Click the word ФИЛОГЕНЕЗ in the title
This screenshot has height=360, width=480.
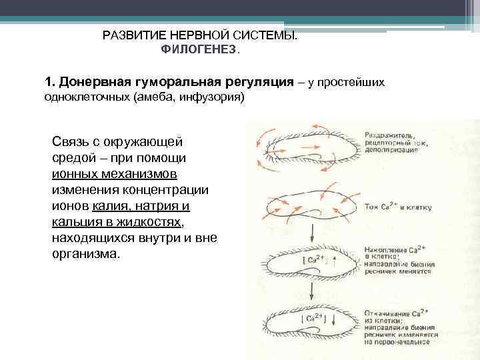point(198,50)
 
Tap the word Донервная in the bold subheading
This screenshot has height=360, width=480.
point(93,82)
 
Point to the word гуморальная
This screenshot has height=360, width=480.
point(173,82)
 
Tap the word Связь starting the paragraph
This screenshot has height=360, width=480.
point(69,142)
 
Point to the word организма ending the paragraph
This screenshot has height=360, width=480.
point(84,254)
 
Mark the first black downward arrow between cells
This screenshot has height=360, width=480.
point(311,233)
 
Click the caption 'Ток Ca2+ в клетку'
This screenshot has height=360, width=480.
point(397,207)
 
